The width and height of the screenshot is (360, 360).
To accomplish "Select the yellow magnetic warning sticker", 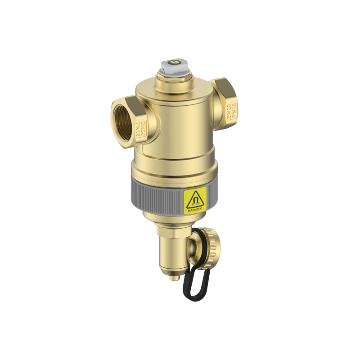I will tap(194, 201).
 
